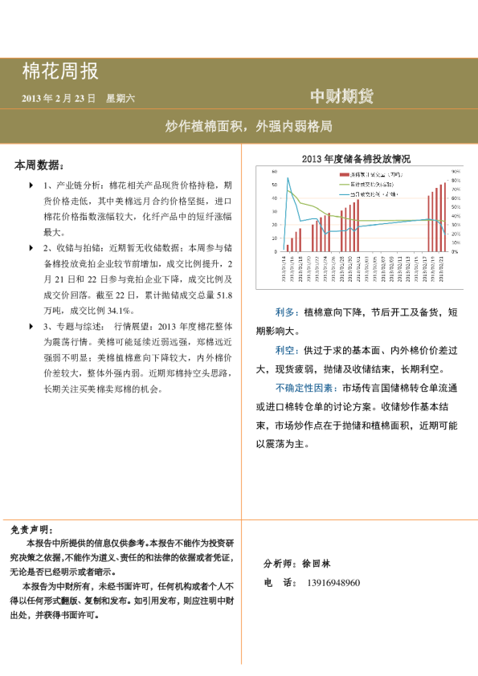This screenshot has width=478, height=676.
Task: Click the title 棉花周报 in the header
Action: click(60, 71)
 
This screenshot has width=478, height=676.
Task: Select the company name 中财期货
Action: click(342, 96)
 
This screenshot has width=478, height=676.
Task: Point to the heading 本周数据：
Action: click(39, 165)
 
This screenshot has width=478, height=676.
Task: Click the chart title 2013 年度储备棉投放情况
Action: click(356, 159)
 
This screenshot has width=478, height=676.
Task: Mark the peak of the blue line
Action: click(288, 178)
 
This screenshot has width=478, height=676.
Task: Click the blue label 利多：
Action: click(285, 311)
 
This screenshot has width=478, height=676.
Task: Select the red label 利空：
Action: click(285, 351)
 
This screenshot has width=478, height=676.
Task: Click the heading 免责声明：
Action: click(33, 530)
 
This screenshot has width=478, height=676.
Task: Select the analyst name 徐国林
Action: click(314, 564)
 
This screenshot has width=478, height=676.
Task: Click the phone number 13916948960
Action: click(333, 582)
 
